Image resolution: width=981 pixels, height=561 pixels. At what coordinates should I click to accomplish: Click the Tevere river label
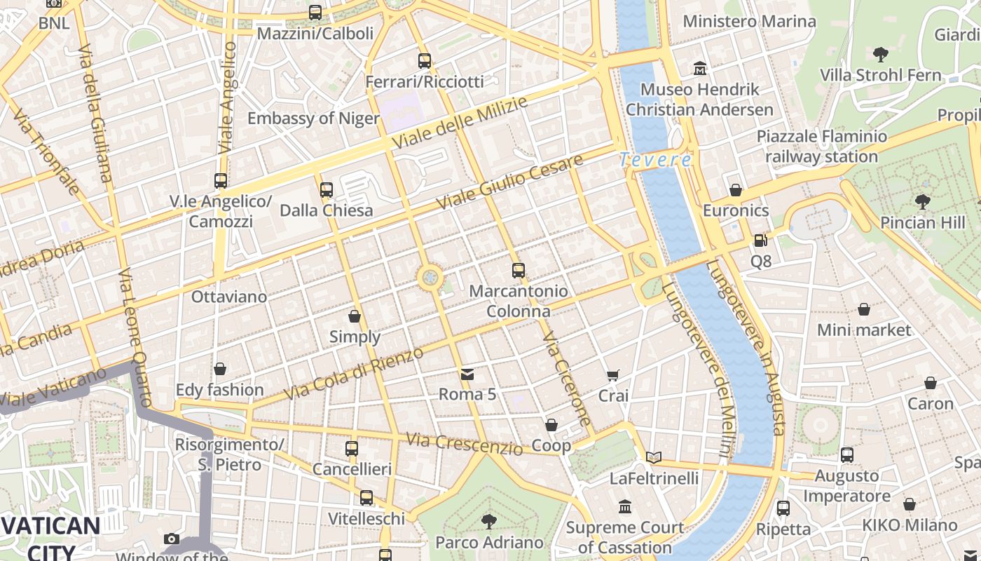click(x=655, y=160)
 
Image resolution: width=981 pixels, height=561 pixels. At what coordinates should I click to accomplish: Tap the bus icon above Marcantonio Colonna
click(x=518, y=270)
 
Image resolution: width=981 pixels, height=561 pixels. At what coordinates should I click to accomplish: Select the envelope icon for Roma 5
click(x=467, y=374)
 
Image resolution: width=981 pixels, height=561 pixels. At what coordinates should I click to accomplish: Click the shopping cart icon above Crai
click(x=613, y=376)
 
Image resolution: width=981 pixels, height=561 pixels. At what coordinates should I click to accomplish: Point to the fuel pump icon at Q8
click(x=760, y=241)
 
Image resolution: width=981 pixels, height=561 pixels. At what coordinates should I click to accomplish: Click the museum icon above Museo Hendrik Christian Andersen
click(x=699, y=69)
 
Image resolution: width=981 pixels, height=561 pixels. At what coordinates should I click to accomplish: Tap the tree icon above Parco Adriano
click(x=489, y=522)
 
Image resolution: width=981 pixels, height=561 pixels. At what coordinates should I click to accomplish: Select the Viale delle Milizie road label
click(x=459, y=123)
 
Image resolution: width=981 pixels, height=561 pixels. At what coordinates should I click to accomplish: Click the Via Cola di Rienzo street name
click(x=355, y=373)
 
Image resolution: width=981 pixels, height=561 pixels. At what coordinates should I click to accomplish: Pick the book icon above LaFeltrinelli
click(x=653, y=457)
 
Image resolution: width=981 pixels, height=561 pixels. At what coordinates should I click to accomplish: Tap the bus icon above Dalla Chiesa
click(x=326, y=189)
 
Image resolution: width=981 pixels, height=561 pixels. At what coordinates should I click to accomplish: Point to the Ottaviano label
click(x=229, y=297)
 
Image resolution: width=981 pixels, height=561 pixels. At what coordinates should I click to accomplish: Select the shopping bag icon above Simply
click(x=355, y=316)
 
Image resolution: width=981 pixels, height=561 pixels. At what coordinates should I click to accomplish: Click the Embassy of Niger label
click(x=313, y=118)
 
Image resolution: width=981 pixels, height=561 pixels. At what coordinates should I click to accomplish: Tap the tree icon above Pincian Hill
click(x=922, y=202)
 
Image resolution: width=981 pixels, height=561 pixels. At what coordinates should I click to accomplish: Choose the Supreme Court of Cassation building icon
click(x=625, y=506)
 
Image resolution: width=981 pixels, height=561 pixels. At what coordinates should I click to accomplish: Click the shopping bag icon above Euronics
click(x=736, y=189)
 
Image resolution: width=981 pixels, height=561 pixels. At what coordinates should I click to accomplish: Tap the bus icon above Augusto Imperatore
click(x=847, y=454)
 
